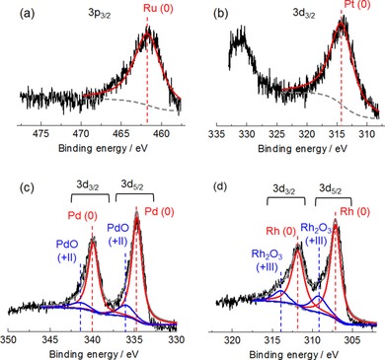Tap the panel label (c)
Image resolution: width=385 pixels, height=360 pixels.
[13, 189]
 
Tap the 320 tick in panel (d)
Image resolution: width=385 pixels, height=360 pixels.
[233, 336]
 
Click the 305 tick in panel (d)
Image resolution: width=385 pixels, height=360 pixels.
[352, 336]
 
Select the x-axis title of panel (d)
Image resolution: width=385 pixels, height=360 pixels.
[293, 350]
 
